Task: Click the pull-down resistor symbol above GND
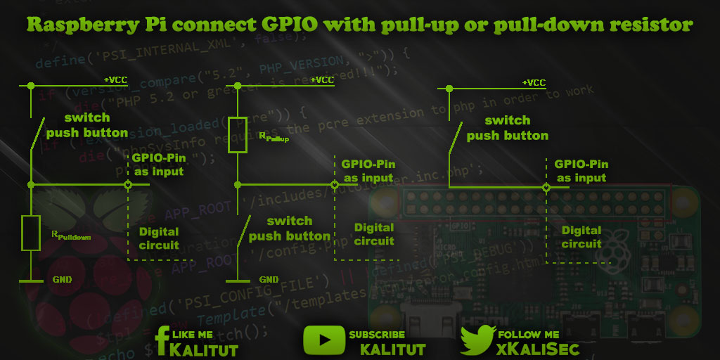pyautogui.click(x=31, y=233)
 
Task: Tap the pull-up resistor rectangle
pyautogui.click(x=238, y=135)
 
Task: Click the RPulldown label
pyautogui.click(x=70, y=237)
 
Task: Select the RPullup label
pyautogui.click(x=274, y=138)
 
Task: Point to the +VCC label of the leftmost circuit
pyautogui.click(x=115, y=80)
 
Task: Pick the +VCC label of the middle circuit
pyautogui.click(x=321, y=80)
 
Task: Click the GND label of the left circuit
pyautogui.click(x=62, y=280)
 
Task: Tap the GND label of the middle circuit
pyautogui.click(x=269, y=280)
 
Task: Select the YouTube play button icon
pyautogui.click(x=323, y=340)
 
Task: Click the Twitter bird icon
pyautogui.click(x=478, y=340)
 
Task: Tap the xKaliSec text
pyautogui.click(x=538, y=349)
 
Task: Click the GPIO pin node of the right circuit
pyautogui.click(x=546, y=188)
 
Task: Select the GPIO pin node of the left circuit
pyautogui.click(x=128, y=185)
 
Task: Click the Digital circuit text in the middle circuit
pyautogui.click(x=374, y=234)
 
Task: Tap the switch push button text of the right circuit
pyautogui.click(x=507, y=128)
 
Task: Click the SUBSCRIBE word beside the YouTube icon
pyautogui.click(x=377, y=335)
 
